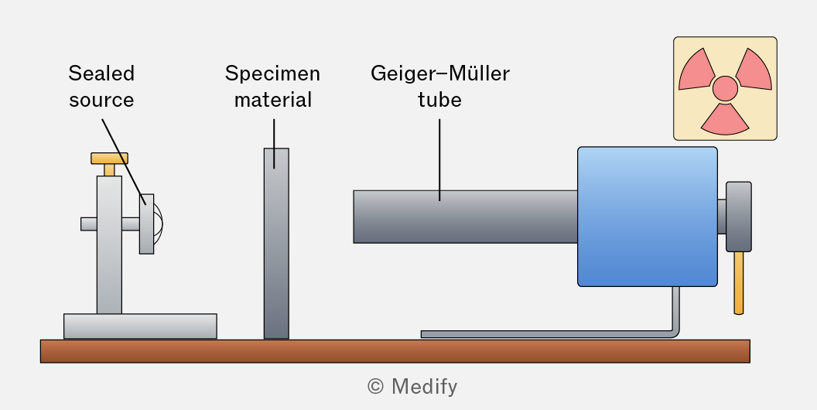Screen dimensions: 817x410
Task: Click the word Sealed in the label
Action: [101, 73]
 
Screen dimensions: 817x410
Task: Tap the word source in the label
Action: [101, 100]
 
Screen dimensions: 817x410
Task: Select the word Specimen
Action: [272, 73]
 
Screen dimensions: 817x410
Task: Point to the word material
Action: [273, 100]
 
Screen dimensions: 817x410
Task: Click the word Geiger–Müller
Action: [440, 73]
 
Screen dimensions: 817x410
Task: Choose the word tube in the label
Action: [439, 100]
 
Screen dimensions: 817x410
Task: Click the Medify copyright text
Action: [412, 387]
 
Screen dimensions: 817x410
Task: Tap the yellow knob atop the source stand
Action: [109, 159]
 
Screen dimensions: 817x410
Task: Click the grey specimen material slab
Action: [276, 244]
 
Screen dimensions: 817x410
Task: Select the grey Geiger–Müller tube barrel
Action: [465, 217]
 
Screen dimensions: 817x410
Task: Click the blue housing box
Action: [648, 217]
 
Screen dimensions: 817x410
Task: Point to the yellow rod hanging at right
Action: [739, 283]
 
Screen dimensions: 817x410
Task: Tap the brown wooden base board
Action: [395, 351]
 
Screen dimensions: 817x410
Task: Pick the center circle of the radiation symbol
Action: [725, 88]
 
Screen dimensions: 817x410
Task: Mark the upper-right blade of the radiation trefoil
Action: [754, 72]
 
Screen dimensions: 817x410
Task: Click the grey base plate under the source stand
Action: [140, 326]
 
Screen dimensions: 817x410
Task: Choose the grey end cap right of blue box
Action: [739, 217]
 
